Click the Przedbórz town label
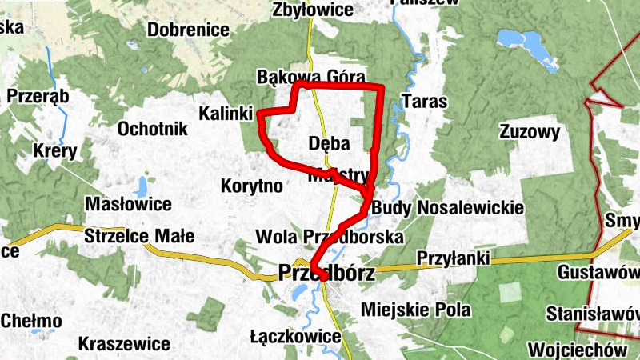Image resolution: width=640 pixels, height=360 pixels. (x=326, y=273)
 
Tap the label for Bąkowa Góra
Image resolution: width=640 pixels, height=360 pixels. (x=311, y=77)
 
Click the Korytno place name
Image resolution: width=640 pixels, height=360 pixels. (x=251, y=186)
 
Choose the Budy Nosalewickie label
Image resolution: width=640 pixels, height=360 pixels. (x=447, y=208)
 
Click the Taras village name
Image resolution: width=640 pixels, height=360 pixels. (x=425, y=102)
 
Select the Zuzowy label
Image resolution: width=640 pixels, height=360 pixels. (x=529, y=131)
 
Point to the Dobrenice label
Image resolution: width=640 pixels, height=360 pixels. (x=190, y=30)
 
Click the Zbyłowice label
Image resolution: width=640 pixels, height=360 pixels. (x=313, y=10)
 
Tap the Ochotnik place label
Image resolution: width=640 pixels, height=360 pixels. (x=152, y=129)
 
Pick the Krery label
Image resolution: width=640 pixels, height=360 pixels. (x=54, y=150)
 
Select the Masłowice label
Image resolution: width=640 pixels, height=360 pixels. (x=128, y=204)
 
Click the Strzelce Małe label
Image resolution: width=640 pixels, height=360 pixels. (x=139, y=237)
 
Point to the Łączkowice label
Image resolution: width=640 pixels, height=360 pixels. (x=295, y=336)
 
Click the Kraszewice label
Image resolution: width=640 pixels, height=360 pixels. (x=124, y=344)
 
